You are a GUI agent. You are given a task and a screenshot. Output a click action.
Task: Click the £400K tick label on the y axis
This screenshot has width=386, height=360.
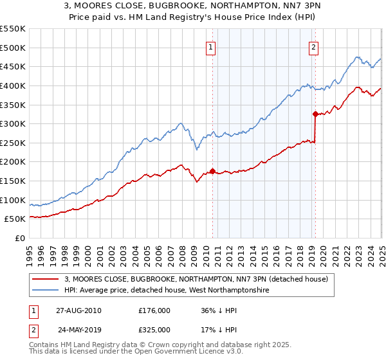[x=12, y=85]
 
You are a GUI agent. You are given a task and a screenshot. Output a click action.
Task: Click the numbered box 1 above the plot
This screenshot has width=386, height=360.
[x=211, y=46]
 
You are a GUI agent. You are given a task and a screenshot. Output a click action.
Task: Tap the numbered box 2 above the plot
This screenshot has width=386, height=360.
[x=313, y=46]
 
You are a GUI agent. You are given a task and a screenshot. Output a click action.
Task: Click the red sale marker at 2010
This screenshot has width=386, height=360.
[x=213, y=171]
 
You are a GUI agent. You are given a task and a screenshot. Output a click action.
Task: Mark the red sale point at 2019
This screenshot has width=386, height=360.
[x=315, y=114]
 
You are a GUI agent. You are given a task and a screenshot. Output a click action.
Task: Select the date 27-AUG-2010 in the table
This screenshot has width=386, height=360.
[x=78, y=310]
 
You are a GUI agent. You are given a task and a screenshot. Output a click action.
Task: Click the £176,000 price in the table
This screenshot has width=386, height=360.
[x=154, y=310]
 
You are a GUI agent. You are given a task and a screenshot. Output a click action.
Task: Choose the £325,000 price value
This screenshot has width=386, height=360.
[x=154, y=330]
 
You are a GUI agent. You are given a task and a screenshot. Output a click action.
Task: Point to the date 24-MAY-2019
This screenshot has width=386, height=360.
[x=78, y=330]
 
